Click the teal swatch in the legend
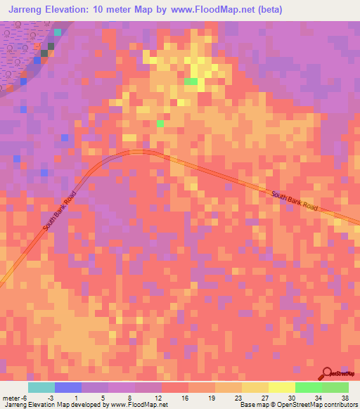pyautogui.click(x=41, y=387)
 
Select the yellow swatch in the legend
pyautogui.click(x=281, y=387)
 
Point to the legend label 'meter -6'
pyautogui.click(x=14, y=397)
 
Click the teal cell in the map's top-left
pyautogui.click(x=58, y=32)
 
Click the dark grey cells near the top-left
pyautogui.click(x=47, y=50)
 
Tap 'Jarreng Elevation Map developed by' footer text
pyautogui.click(x=55, y=405)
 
